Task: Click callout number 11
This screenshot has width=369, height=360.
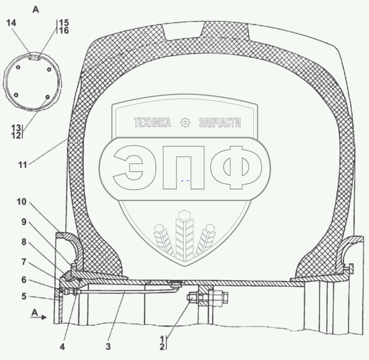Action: [x=23, y=165]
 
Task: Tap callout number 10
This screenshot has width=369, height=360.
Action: [x=21, y=202]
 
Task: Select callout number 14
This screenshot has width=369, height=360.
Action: [x=11, y=23]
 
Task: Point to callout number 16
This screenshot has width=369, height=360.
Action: [x=64, y=30]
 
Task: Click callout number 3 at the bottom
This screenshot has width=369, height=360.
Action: [x=108, y=347]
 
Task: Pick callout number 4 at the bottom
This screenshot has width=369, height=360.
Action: [x=62, y=347]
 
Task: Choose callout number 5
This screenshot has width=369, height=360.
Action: [x=24, y=296]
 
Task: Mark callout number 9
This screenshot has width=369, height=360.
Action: [x=24, y=222]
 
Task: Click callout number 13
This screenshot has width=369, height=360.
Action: [x=16, y=128]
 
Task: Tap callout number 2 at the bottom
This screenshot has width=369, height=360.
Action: [x=162, y=347]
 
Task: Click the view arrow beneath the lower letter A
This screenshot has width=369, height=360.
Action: [x=38, y=318]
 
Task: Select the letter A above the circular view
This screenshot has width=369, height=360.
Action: [x=36, y=10]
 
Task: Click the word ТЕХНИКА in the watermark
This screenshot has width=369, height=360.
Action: [x=152, y=122]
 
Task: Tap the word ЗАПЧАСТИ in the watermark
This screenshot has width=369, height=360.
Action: [x=220, y=123]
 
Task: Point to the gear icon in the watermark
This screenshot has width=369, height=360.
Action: [x=185, y=123]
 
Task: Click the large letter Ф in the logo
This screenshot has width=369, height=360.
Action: [x=236, y=168]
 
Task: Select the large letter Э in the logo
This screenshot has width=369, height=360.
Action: [x=129, y=167]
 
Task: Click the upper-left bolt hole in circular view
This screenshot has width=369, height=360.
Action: [x=18, y=67]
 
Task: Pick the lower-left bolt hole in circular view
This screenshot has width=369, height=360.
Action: [x=16, y=95]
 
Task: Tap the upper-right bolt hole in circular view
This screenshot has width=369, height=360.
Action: [x=49, y=69]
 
